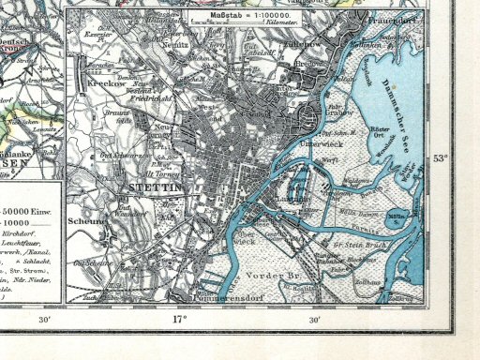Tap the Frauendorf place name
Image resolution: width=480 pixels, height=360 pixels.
[x=392, y=17]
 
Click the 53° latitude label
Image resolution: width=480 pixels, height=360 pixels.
[x=440, y=157]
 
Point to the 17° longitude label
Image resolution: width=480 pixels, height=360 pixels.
[x=178, y=320]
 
